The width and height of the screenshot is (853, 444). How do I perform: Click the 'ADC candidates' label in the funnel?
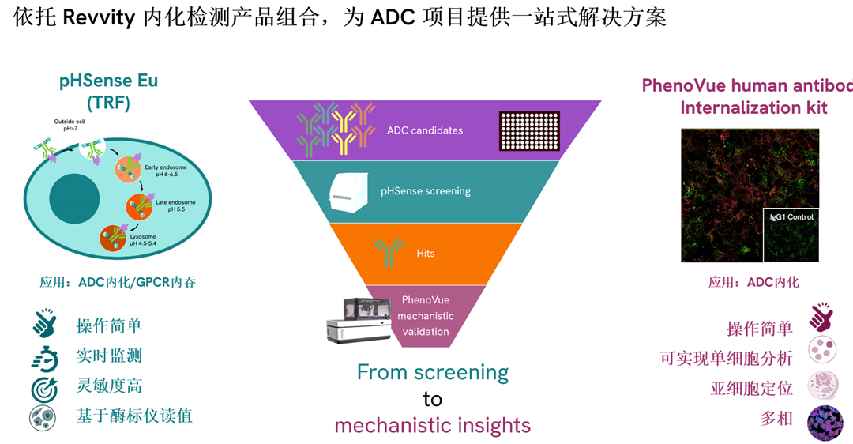pos(424,130)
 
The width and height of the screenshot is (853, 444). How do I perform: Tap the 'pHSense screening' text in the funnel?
pos(425,190)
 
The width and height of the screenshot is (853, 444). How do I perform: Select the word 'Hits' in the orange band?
pos(425,254)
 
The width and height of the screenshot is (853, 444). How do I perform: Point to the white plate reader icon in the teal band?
pos(348,191)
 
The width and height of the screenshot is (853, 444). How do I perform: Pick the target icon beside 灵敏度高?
pos(44,387)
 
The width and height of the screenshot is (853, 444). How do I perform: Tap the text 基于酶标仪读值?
pos(134,416)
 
